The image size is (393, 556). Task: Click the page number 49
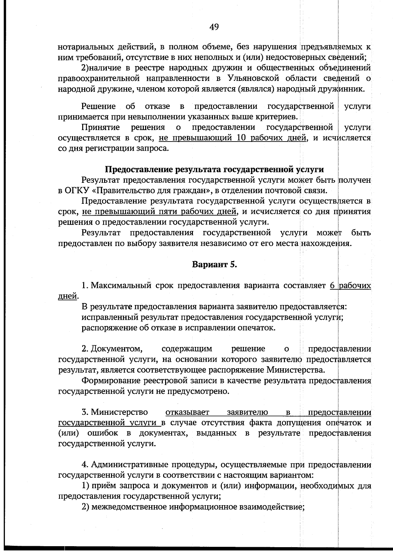[x=214, y=27]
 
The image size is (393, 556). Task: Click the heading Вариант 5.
[x=214, y=264]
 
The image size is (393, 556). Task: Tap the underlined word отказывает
[x=187, y=412]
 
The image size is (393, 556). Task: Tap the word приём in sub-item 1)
[x=102, y=486]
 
